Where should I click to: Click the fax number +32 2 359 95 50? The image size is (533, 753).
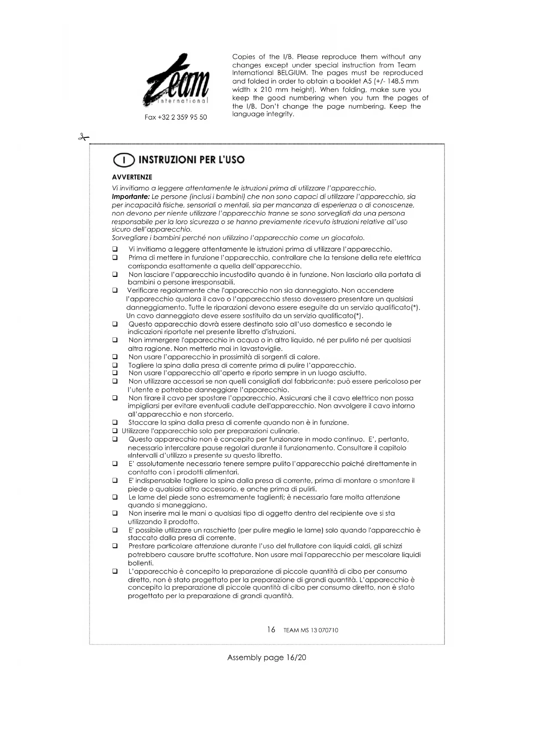coord(176,117)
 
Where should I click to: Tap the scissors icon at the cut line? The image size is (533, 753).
coord(83,137)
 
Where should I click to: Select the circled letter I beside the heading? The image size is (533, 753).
coord(124,160)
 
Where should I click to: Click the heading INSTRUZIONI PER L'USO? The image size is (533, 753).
coord(192,160)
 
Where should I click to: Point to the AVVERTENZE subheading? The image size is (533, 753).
coord(132,177)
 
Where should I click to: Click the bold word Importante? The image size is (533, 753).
coord(131,197)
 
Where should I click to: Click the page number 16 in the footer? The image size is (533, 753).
coord(271,629)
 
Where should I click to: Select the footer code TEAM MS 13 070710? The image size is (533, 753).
coord(311,630)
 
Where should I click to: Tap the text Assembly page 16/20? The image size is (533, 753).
coord(267,657)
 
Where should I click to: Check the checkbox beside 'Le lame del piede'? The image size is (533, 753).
coord(115,497)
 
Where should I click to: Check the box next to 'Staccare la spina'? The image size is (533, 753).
coord(115,422)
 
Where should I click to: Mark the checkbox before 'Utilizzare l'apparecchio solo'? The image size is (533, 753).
coord(115,431)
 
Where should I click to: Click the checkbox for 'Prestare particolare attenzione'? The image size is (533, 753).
coord(115,546)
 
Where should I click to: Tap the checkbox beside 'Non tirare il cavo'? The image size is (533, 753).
coord(115,398)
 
